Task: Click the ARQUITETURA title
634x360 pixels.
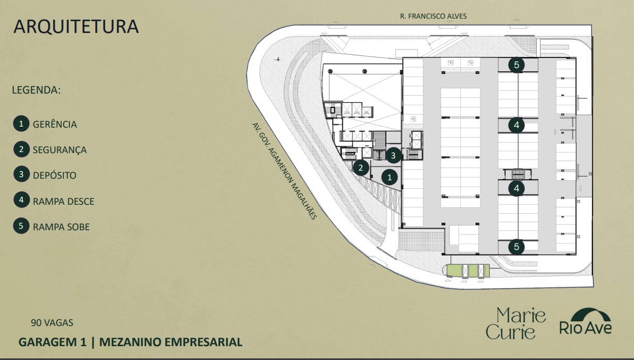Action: (x=76, y=27)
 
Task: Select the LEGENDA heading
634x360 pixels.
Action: (x=36, y=90)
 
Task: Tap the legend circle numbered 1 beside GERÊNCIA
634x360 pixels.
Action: (x=21, y=124)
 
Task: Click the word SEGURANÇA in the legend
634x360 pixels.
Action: (x=60, y=150)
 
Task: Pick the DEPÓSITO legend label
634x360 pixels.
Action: (x=54, y=175)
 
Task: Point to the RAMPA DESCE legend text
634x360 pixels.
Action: (x=63, y=202)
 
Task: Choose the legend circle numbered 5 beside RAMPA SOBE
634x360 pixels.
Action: (x=21, y=227)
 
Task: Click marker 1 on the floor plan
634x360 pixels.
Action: (x=390, y=177)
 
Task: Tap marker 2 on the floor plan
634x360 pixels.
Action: (x=361, y=168)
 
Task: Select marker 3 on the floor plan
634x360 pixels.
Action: (x=393, y=155)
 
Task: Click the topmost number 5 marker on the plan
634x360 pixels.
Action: (x=516, y=65)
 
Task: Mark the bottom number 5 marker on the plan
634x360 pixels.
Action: (x=516, y=247)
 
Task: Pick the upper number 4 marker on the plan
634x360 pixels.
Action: (x=516, y=125)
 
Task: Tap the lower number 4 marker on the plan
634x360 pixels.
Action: (x=516, y=188)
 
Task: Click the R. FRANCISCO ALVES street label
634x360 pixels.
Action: (x=433, y=16)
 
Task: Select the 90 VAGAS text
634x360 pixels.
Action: (x=52, y=322)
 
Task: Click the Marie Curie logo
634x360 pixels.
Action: (x=515, y=323)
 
